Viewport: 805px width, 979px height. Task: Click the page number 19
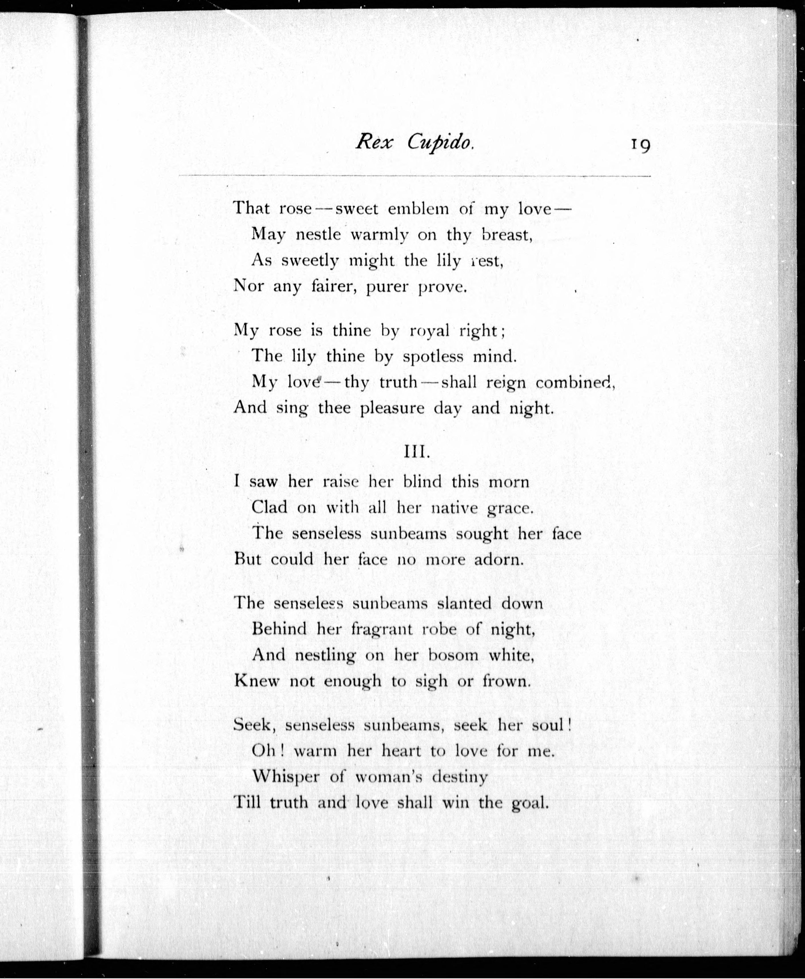[x=640, y=146]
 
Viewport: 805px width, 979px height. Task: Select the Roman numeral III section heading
[x=417, y=452]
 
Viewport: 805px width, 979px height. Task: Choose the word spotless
[x=432, y=357]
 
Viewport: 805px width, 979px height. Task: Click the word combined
[x=575, y=383]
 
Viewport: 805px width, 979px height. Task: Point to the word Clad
[x=269, y=507]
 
